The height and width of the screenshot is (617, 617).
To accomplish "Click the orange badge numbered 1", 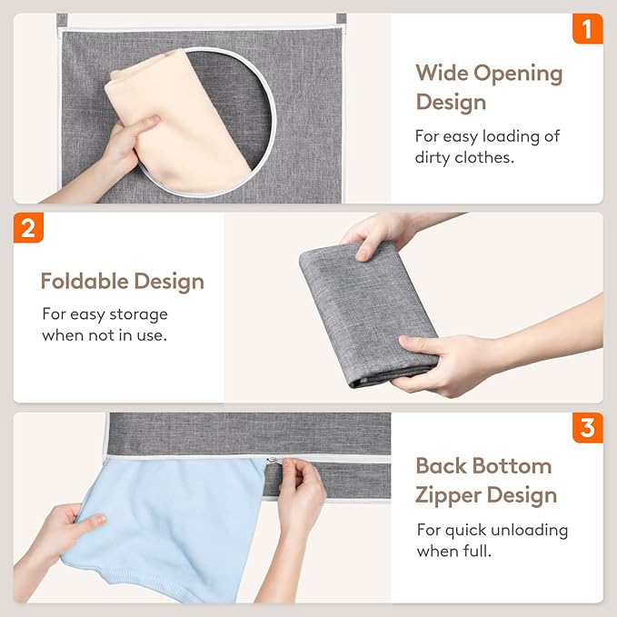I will (x=587, y=29).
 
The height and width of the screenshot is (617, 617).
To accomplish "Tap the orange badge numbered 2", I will (x=28, y=227).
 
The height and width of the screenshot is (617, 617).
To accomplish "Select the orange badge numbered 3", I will (x=587, y=427).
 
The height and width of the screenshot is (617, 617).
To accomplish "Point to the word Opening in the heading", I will (x=519, y=73).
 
